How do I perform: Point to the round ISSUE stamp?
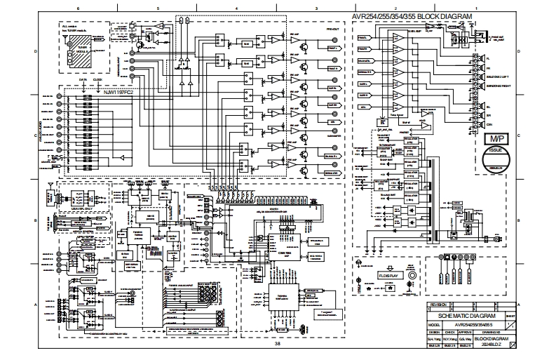click(x=495, y=159)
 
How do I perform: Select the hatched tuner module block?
click(x=83, y=53)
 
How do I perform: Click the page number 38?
click(x=277, y=343)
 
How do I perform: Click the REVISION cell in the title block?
click(x=438, y=307)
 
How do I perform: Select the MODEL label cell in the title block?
click(x=433, y=326)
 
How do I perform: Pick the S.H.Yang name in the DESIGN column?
click(x=433, y=339)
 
